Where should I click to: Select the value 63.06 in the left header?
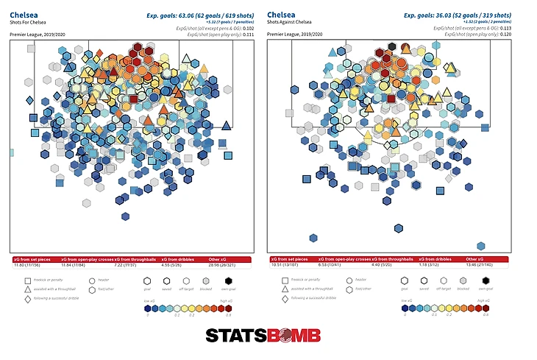[x=171, y=14]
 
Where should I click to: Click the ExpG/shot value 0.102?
[x=243, y=28]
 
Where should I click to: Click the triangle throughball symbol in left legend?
[x=16, y=289]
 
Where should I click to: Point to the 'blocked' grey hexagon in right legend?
[x=463, y=280]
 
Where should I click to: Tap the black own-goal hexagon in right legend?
[x=487, y=280]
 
